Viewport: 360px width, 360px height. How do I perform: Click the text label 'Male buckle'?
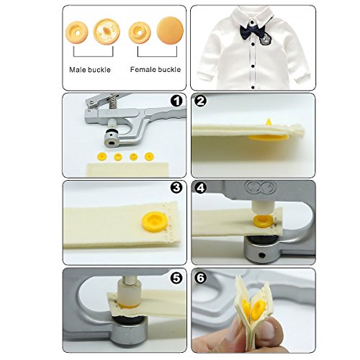[x=90, y=70]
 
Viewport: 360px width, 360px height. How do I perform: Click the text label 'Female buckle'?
[x=156, y=70]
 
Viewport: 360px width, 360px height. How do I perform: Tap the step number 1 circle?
[x=176, y=101]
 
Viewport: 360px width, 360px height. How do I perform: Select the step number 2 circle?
[x=201, y=101]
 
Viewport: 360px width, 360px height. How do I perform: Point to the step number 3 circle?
[x=176, y=188]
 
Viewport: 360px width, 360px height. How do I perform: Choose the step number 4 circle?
[x=201, y=188]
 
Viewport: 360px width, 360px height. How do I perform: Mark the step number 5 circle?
[x=176, y=278]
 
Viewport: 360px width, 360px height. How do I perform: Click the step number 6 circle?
[x=201, y=278]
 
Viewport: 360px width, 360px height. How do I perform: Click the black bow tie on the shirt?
[x=253, y=31]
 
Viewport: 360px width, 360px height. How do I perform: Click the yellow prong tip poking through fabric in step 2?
[x=269, y=122]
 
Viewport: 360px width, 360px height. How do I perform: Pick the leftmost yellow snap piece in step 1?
[x=102, y=157]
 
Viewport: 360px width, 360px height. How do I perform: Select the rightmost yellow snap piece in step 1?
[x=149, y=156]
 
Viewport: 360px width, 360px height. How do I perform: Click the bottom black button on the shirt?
[x=253, y=87]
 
